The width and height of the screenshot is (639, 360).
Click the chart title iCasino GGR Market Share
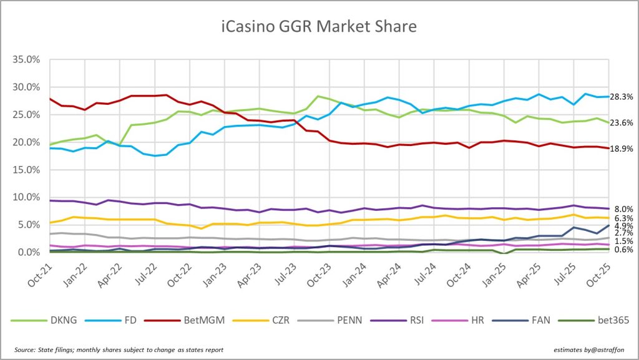(x=319, y=27)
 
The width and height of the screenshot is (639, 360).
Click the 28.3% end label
(x=622, y=97)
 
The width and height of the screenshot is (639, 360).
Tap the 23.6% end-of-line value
(x=622, y=123)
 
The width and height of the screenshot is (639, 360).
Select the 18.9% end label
(x=622, y=148)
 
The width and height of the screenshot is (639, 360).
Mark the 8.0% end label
(x=624, y=209)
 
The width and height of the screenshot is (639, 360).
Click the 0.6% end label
(x=624, y=250)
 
